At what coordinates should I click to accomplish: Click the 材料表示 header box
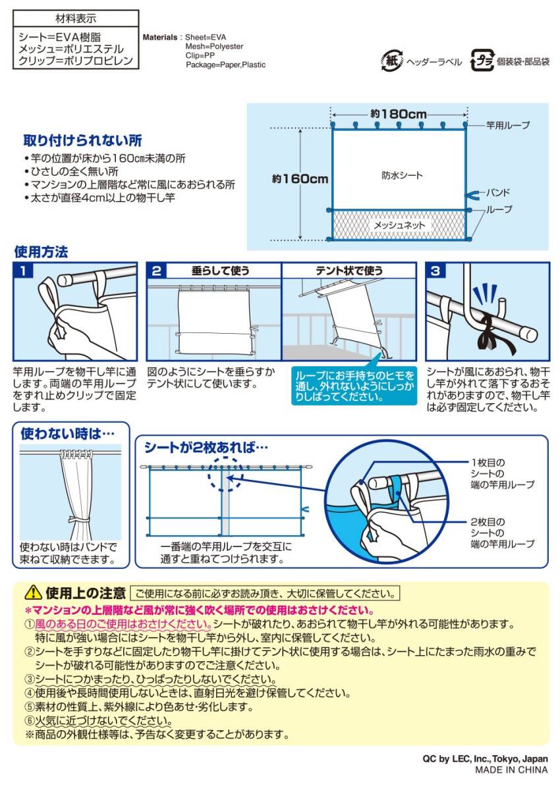76,18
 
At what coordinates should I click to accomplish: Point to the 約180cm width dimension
398,113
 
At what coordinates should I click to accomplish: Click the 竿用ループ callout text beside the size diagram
507,124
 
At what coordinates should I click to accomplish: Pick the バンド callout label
498,194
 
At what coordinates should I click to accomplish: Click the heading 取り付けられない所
82,141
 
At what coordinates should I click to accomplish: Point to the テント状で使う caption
349,271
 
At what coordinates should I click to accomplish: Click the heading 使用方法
41,251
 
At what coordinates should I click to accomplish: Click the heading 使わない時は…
68,433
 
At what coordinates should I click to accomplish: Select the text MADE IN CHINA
511,770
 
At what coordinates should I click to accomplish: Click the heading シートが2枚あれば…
206,446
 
